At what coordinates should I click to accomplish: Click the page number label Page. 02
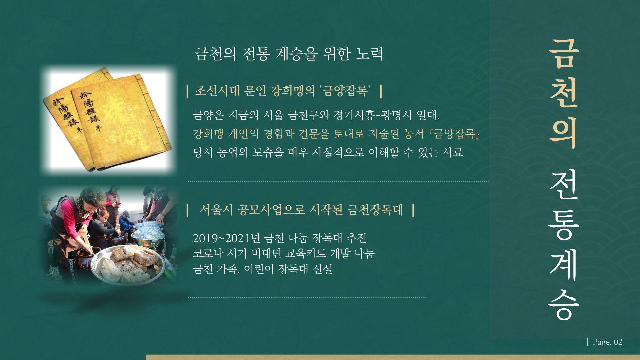coord(607,342)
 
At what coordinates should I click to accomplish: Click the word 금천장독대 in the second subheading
coord(375,210)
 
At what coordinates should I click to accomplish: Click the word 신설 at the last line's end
coord(322,269)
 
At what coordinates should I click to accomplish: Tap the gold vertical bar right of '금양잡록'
coord(381,91)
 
